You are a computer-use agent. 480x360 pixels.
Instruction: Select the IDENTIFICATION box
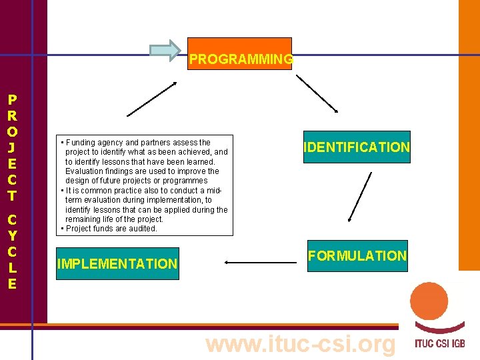pos(357,147)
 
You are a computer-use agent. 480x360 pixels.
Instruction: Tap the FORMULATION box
pos(357,256)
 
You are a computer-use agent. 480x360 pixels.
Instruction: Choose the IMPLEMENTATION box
pos(117,264)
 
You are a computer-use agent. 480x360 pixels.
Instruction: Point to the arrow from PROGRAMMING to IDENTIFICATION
pos(317,93)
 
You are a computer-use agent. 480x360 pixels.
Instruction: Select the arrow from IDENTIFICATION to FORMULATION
pos(361,196)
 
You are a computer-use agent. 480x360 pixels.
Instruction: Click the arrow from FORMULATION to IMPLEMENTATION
pos(261,263)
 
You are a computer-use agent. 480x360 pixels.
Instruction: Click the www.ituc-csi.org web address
pos(301,345)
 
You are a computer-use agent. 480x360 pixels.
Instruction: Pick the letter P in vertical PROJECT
pos(12,100)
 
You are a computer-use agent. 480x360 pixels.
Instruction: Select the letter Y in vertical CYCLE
pos(12,235)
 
